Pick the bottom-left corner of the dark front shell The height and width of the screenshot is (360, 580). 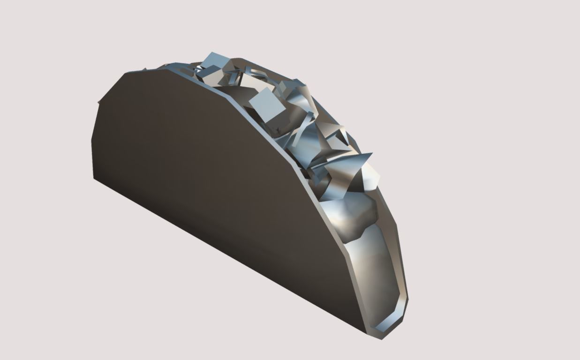tap(94, 179)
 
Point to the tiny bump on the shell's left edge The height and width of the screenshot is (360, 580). tap(98, 101)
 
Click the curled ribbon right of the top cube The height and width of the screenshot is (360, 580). tap(256, 75)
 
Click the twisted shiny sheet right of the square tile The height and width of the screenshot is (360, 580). tap(298, 101)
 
